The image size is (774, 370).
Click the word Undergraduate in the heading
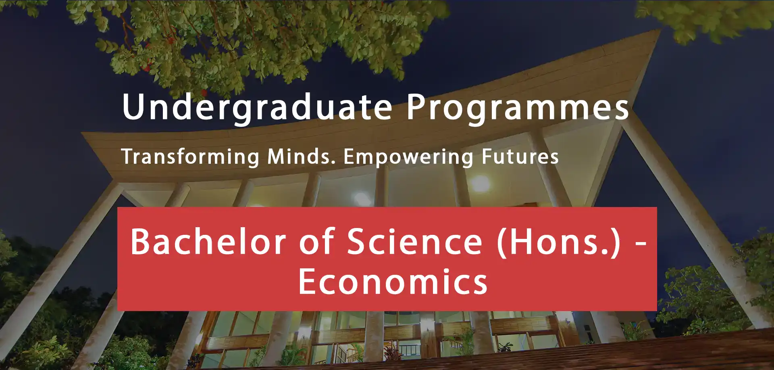[x=258, y=107]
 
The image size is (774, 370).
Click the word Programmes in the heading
[x=518, y=107]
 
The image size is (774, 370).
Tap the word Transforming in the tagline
[x=190, y=157]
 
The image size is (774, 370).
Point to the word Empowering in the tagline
[x=408, y=157]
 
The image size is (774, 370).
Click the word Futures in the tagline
[x=520, y=157]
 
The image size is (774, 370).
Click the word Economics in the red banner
[x=393, y=282]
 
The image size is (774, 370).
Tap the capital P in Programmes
[x=416, y=107]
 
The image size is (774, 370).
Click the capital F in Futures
[x=488, y=157]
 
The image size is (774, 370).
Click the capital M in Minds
[x=277, y=157]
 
